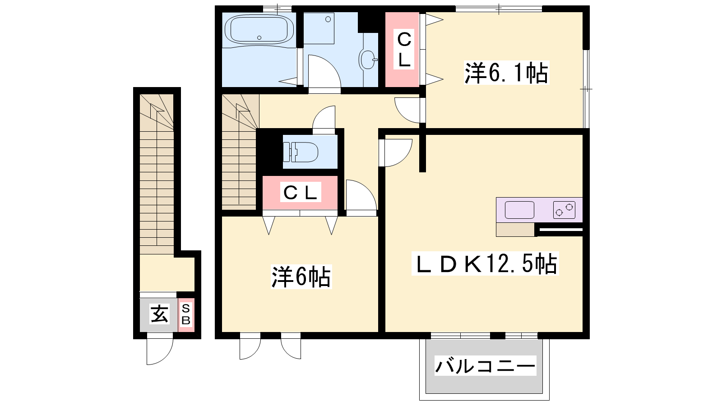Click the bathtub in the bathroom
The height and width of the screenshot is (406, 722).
click(259, 30)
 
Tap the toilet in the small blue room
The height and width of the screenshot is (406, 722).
click(301, 152)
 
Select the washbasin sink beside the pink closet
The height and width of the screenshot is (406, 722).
click(367, 60)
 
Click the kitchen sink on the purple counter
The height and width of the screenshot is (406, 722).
click(519, 210)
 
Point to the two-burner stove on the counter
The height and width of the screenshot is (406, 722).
click(564, 210)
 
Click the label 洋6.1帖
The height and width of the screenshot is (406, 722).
click(506, 73)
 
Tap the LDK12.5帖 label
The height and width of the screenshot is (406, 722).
click(485, 263)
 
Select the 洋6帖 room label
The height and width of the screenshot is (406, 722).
click(301, 277)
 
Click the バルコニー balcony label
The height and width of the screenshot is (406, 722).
click(485, 366)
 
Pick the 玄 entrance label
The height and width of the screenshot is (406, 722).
click(159, 314)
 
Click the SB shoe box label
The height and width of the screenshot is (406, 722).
click(186, 314)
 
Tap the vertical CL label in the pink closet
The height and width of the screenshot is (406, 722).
click(404, 49)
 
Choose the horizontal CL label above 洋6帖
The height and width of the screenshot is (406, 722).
click(301, 192)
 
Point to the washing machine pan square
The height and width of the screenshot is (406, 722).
click(319, 28)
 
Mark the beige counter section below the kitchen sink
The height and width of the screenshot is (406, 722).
click(515, 230)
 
